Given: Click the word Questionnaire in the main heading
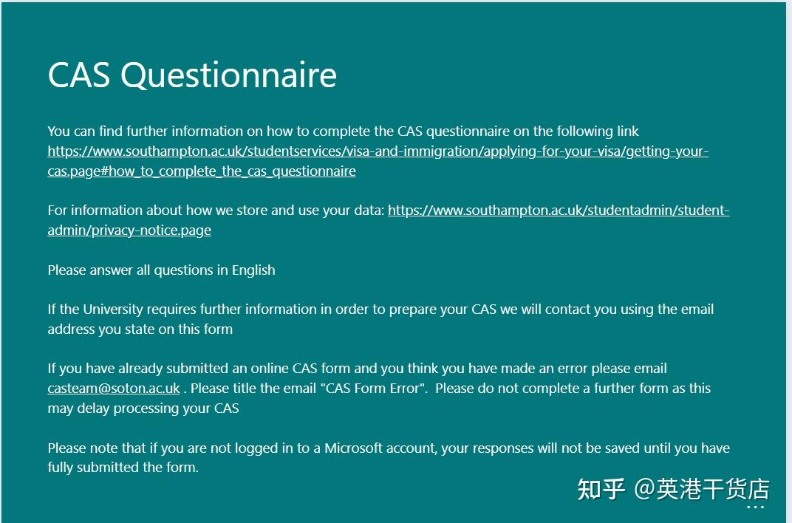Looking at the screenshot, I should click(228, 75).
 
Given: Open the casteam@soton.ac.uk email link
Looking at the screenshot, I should click(114, 388).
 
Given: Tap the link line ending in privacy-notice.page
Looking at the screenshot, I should click(129, 230).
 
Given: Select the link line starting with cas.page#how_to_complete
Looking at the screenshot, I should click(202, 171).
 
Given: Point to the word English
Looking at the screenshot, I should click(253, 270).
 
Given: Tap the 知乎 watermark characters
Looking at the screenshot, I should click(601, 489).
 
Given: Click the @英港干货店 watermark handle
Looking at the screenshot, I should click(702, 489).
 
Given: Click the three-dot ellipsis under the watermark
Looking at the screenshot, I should click(755, 507).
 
